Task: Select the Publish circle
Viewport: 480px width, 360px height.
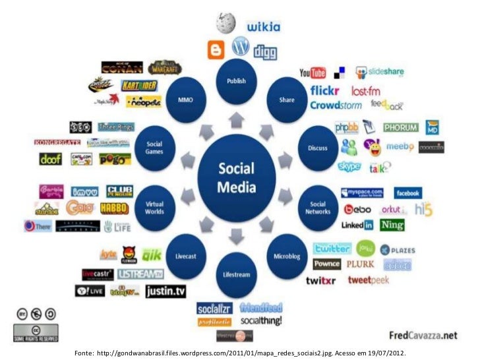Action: (x=236, y=81)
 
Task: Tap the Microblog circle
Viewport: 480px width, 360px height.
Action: (x=287, y=255)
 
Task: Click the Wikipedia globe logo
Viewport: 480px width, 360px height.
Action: (x=225, y=23)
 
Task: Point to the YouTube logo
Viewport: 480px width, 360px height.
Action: (x=313, y=73)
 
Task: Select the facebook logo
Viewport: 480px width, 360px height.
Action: (x=407, y=193)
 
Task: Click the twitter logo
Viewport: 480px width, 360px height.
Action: (x=332, y=249)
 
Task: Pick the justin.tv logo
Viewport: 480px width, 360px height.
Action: (x=165, y=290)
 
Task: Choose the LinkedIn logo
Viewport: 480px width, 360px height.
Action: (x=357, y=225)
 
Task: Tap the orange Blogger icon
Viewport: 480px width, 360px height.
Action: (x=216, y=50)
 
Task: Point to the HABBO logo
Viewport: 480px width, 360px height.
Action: (x=114, y=208)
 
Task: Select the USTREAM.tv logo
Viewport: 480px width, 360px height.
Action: (x=140, y=274)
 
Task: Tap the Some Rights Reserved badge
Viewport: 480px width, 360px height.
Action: (x=35, y=333)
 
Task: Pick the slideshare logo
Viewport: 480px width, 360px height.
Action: (x=380, y=72)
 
